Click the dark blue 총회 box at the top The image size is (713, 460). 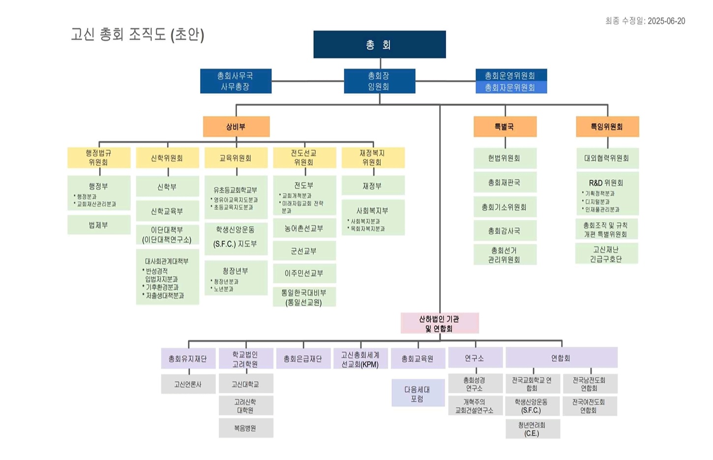(379, 45)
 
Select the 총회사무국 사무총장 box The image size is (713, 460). (236, 81)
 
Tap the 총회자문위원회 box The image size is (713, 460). (511, 87)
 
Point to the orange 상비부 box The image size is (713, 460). (236, 127)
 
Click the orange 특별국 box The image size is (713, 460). (505, 127)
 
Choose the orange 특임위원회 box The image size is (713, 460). (607, 127)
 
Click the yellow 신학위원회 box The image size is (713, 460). (167, 158)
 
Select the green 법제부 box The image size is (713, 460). (99, 225)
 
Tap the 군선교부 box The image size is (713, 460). (304, 251)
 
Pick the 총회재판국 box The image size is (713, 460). (505, 182)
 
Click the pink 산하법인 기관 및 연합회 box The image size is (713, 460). (440, 323)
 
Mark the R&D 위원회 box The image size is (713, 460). (607, 194)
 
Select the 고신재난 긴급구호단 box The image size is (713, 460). (607, 254)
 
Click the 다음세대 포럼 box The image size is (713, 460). (417, 393)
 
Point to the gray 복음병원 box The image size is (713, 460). (245, 428)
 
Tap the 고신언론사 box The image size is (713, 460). (188, 384)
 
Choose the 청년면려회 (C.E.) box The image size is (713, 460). (532, 429)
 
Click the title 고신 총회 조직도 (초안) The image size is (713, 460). (137, 34)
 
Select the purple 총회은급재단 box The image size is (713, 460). (303, 359)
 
